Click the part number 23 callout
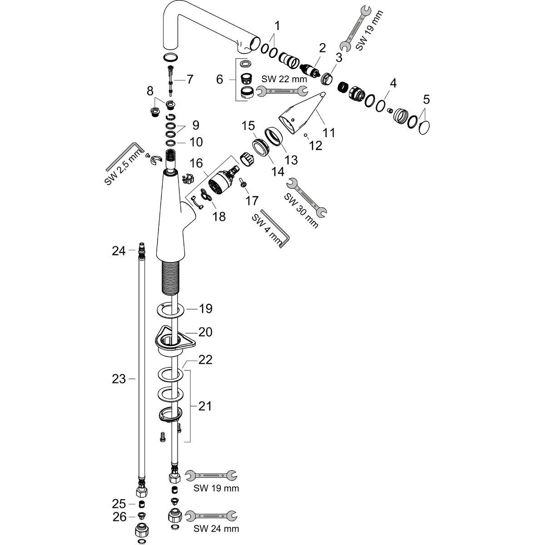[119, 379]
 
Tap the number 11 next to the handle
[329, 132]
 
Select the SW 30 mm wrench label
[301, 210]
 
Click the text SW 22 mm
[284, 79]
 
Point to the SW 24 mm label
[216, 528]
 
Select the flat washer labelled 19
[170, 310]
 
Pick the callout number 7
[189, 79]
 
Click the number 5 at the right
[426, 99]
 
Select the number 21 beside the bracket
[205, 406]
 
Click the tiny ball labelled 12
[306, 135]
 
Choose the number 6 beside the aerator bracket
[219, 79]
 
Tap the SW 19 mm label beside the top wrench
[369, 30]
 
